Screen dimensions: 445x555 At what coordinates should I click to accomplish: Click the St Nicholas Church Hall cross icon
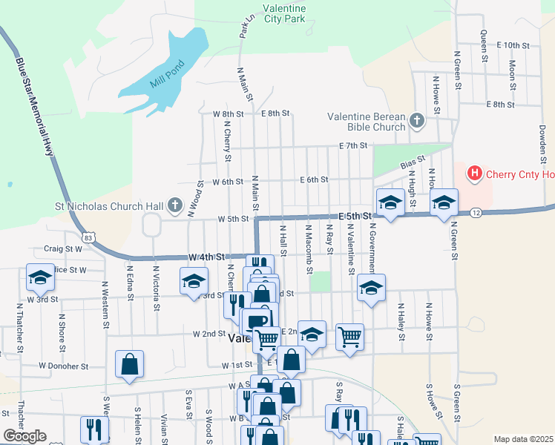(x=175, y=204)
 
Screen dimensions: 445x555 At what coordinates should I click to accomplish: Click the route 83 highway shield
(x=88, y=237)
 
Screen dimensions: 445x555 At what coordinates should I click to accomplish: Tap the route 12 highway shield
(x=474, y=213)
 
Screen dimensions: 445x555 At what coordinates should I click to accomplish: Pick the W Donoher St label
(x=64, y=366)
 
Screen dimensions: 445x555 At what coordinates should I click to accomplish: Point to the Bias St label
(x=413, y=161)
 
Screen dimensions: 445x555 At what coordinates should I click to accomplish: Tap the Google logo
(x=24, y=436)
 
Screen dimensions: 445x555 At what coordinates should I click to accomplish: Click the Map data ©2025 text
(x=522, y=439)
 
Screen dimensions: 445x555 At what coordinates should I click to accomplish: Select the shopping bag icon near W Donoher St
(x=129, y=364)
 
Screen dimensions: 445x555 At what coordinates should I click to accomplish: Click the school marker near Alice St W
(x=40, y=278)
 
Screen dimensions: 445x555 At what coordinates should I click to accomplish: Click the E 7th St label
(x=354, y=145)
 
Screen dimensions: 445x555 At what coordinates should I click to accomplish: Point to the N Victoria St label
(x=156, y=283)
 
